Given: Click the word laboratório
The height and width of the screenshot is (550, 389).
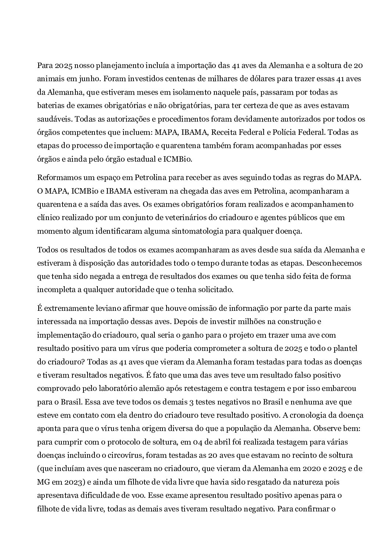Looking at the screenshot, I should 126,388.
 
